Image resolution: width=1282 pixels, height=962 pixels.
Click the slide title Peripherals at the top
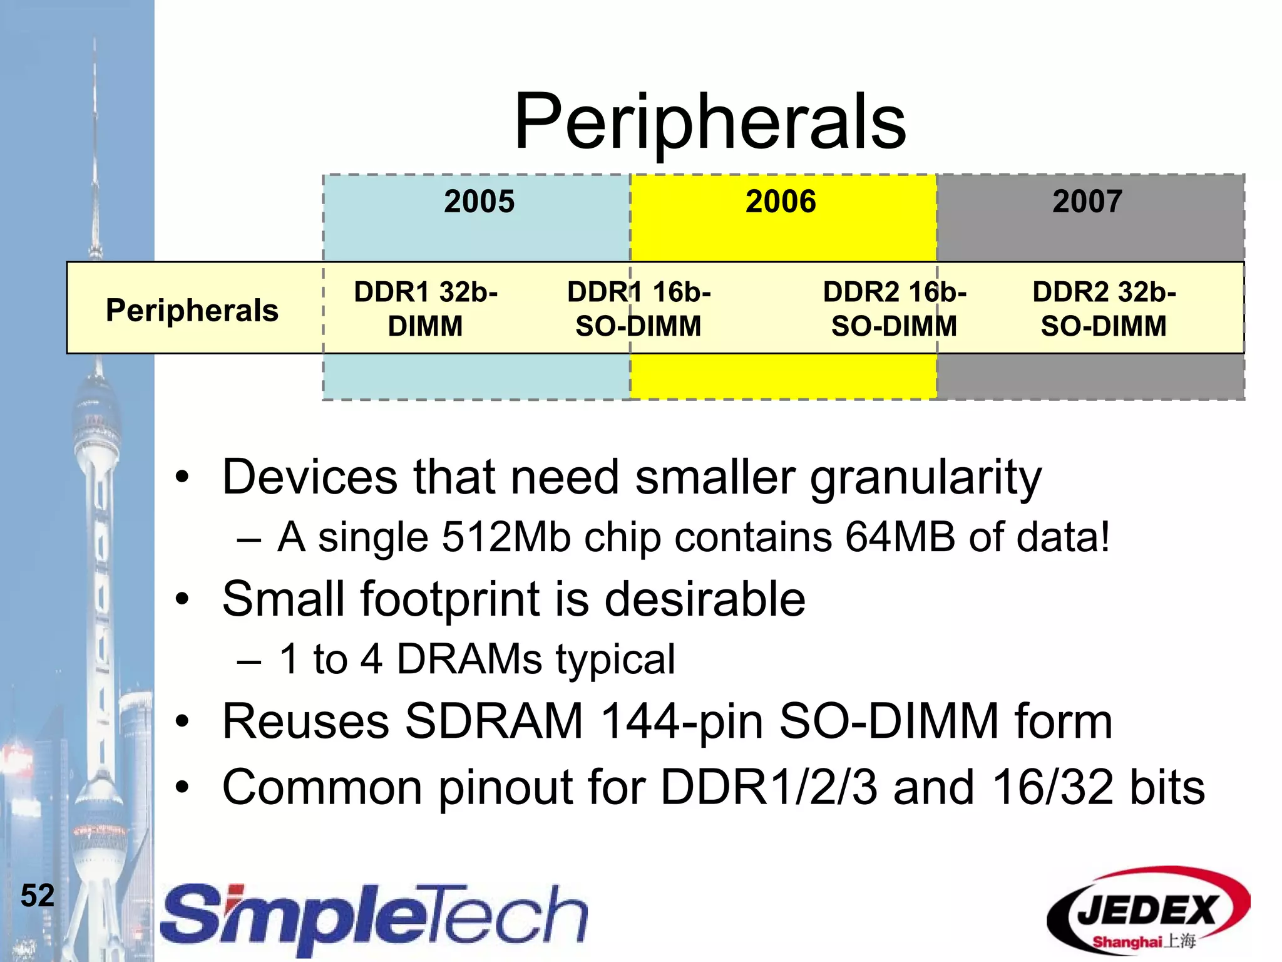(x=710, y=122)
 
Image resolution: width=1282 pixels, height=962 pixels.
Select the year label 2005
(x=479, y=202)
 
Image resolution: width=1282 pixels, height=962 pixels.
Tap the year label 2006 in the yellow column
(x=781, y=202)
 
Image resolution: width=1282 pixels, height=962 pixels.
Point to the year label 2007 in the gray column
(x=1087, y=202)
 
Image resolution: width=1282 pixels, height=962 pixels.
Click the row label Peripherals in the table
(x=192, y=310)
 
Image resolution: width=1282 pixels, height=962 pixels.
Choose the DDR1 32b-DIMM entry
(x=426, y=309)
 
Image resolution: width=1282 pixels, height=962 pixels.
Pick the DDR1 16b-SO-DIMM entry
(x=638, y=309)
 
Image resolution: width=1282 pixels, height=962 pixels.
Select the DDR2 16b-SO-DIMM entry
(x=895, y=309)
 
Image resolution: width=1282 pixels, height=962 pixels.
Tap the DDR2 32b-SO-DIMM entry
(x=1104, y=309)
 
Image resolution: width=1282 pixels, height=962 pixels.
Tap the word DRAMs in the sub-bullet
(x=469, y=659)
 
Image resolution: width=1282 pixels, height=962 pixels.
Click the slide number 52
(x=38, y=896)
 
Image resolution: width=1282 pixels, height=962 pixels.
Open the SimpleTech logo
(x=374, y=917)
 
